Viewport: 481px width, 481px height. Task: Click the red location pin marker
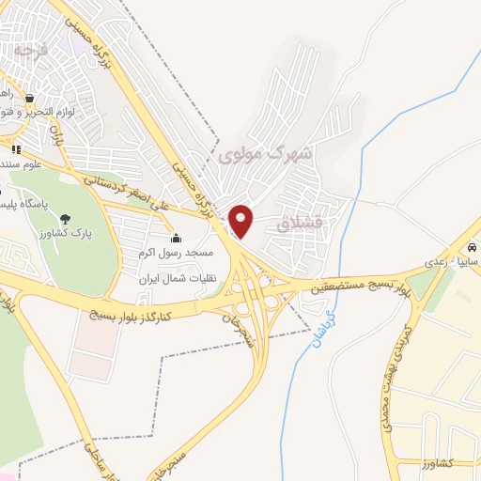coord(241,222)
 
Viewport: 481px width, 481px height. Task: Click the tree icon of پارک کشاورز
coord(64,219)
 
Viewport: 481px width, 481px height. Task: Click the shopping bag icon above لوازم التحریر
coord(31,98)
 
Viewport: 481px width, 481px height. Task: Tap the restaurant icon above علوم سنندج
coord(15,148)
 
